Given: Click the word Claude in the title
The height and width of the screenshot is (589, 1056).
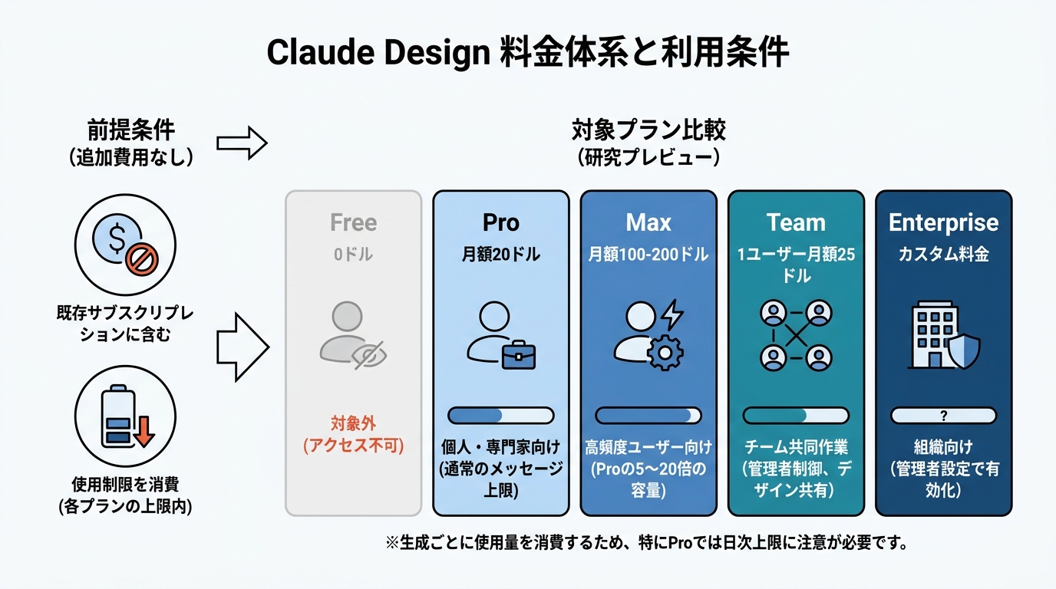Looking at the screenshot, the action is click(x=321, y=52).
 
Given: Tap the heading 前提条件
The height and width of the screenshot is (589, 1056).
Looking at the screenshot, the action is click(x=131, y=130).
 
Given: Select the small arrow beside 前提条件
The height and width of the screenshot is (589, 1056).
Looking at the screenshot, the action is click(x=242, y=143).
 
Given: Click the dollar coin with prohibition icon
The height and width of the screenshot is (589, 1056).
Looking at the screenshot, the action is click(x=125, y=245).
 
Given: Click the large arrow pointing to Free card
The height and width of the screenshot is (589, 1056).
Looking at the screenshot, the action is click(x=243, y=347).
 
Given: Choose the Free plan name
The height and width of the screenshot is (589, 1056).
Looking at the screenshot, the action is click(x=353, y=222).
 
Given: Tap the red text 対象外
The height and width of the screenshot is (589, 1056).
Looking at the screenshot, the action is click(x=353, y=423).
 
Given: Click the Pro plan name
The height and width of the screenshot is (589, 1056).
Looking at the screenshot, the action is click(x=500, y=222).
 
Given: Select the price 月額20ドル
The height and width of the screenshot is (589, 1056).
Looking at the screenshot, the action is click(x=500, y=255).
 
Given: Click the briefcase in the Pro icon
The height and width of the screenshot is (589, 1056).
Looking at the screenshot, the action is click(x=519, y=355).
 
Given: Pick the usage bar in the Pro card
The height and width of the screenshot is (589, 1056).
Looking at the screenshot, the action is click(x=500, y=416).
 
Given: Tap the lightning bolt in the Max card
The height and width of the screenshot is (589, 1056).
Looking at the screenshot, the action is click(x=672, y=314).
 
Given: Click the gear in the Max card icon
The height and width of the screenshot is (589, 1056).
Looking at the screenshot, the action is click(x=665, y=352).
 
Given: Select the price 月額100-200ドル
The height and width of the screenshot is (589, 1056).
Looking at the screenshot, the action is click(x=648, y=255).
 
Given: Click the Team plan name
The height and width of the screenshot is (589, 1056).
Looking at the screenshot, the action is click(x=796, y=222).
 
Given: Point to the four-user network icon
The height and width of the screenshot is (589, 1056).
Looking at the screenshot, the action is click(x=796, y=335).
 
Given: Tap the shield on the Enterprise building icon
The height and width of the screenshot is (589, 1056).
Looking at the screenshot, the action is click(x=964, y=351).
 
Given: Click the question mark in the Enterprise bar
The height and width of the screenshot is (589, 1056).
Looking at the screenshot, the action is click(x=943, y=416).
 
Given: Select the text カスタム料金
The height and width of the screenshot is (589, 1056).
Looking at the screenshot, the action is click(x=943, y=255).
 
